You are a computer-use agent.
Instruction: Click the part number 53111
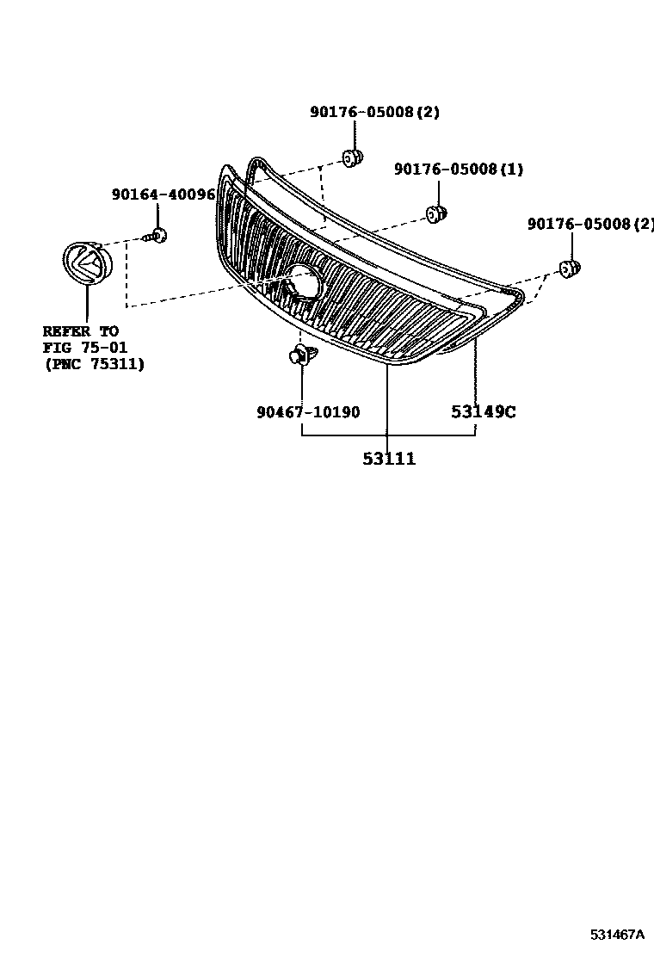click(388, 460)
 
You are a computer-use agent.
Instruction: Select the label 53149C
click(483, 412)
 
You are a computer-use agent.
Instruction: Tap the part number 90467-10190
click(308, 412)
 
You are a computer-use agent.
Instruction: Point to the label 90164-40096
click(163, 194)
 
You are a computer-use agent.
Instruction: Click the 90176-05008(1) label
click(458, 170)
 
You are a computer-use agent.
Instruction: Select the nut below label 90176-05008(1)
click(436, 213)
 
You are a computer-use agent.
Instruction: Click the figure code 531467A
click(617, 935)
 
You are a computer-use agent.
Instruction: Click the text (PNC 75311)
click(94, 364)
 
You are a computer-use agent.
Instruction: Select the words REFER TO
click(81, 331)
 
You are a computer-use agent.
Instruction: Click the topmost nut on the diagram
click(352, 158)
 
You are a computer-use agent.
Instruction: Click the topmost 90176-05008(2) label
click(374, 112)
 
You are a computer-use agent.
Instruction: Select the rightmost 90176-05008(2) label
click(590, 224)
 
